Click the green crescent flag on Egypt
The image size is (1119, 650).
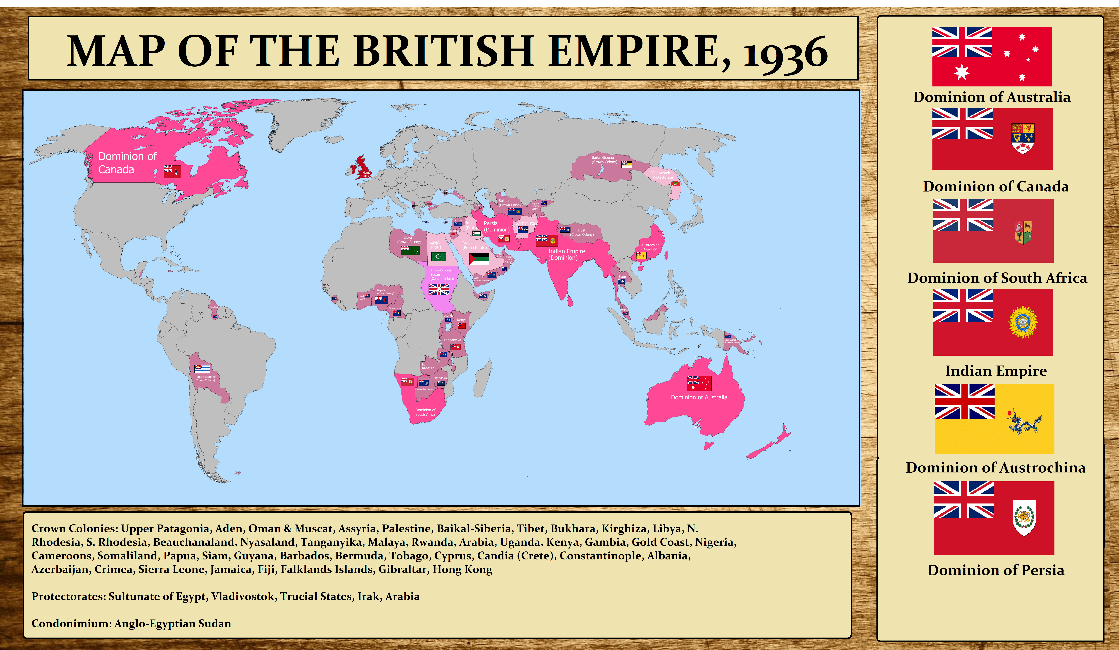click(x=438, y=257)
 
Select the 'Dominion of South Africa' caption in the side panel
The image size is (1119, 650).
click(x=997, y=278)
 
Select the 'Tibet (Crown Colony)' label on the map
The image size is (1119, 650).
click(x=582, y=232)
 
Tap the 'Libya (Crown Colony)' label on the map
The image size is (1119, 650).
click(x=408, y=240)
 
